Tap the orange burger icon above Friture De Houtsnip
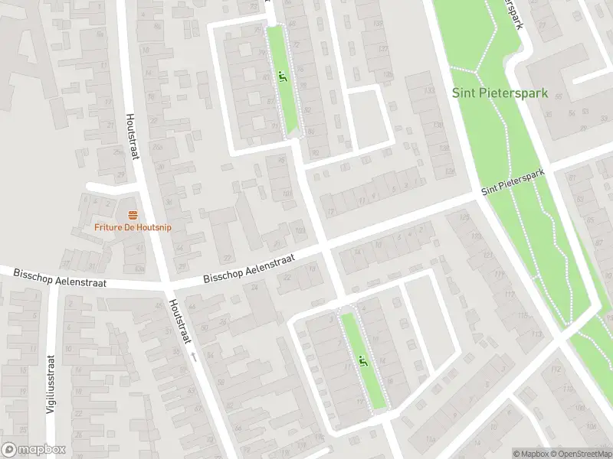point(133,214)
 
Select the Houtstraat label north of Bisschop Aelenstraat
point(132,138)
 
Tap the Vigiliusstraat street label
point(52,383)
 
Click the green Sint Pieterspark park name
point(500,94)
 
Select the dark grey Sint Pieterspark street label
point(513,181)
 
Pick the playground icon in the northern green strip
point(283,76)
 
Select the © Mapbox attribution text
point(529,454)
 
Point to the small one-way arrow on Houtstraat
point(195,356)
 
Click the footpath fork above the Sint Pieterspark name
point(477,70)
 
